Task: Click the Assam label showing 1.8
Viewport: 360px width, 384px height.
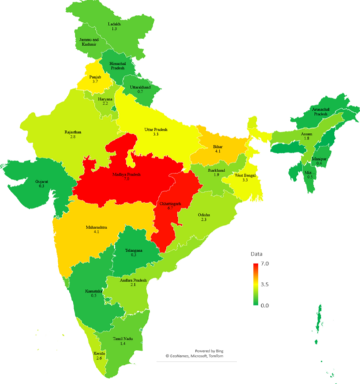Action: tap(306, 135)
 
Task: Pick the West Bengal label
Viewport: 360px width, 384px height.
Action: tap(245, 177)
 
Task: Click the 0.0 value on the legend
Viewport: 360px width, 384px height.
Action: tap(264, 305)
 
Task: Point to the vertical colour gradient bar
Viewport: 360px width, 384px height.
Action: tap(255, 285)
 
